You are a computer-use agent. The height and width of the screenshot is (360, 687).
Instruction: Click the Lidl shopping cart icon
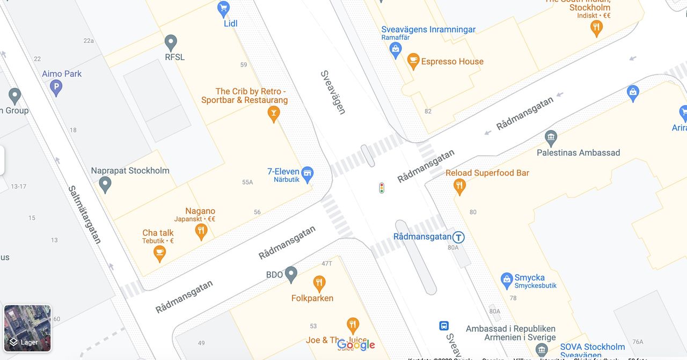223,8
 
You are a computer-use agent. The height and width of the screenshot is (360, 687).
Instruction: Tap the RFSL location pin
171,42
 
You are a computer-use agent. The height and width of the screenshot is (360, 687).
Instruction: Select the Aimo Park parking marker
56,87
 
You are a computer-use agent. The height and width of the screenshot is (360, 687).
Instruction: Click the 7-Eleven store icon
307,173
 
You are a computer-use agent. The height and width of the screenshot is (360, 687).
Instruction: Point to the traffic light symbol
382,188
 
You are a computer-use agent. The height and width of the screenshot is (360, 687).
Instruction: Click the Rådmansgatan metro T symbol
458,237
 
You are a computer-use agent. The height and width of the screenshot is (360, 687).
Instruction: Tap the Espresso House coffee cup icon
413,61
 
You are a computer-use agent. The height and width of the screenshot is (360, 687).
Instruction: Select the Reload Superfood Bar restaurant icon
459,186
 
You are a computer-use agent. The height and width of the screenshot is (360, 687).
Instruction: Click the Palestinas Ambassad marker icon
551,138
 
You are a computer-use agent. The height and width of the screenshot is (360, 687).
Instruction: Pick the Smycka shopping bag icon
506,280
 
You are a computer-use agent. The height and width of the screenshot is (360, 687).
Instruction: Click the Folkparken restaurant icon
319,283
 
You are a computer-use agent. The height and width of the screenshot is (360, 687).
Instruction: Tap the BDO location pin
291,274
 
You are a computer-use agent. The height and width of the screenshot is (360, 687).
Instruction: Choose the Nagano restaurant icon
201,231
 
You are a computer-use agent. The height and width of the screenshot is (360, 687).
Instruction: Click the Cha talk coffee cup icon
159,253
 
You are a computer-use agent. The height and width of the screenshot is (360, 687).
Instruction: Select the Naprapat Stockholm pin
105,185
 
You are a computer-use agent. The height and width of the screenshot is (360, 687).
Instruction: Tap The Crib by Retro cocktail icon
274,113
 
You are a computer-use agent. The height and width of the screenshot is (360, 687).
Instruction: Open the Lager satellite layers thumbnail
27,328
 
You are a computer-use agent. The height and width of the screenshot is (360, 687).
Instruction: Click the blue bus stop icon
444,326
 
